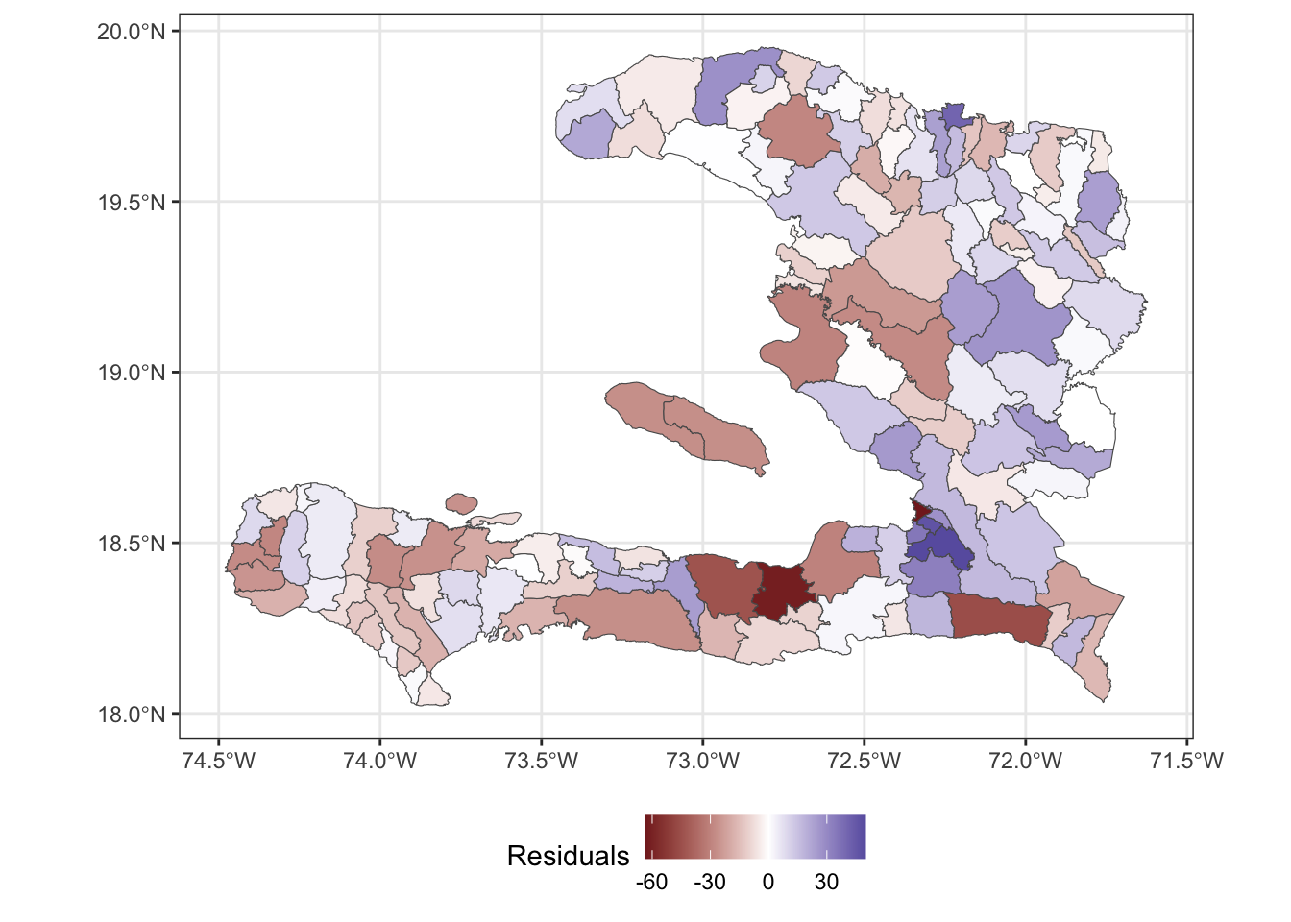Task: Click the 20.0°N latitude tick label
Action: coord(132,32)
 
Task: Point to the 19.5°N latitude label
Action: coord(132,203)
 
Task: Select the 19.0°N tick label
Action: coord(132,373)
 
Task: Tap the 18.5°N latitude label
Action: coord(132,544)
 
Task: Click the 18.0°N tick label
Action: coord(132,715)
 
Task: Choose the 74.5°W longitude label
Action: coord(219,762)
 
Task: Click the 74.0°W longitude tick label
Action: coord(380,762)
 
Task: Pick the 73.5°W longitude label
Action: coord(542,762)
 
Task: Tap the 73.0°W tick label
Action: coord(703,762)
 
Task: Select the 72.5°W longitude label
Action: coord(865,762)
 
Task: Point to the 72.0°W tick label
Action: coord(1026,762)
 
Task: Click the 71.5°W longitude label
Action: coord(1187,762)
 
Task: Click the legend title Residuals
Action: coord(568,856)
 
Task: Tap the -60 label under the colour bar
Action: coord(651,882)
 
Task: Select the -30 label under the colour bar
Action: coord(710,882)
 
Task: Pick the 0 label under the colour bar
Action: coord(768,882)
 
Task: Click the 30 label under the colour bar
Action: coord(826,882)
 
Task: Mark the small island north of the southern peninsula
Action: coord(462,502)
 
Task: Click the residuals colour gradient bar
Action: coord(755,836)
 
